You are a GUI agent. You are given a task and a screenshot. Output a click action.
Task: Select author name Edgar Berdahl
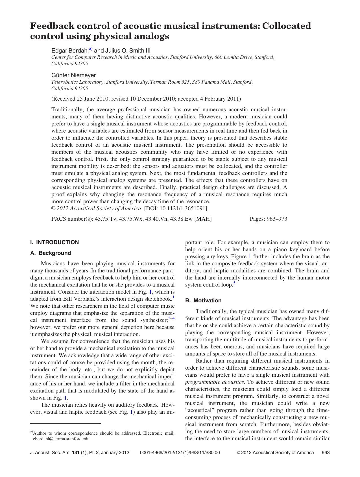tap(70, 51)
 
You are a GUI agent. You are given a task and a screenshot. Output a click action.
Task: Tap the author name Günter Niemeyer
tap(73, 75)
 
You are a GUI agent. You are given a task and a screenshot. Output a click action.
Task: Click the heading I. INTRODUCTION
tap(54, 242)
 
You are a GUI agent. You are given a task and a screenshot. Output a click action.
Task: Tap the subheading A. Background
tap(51, 253)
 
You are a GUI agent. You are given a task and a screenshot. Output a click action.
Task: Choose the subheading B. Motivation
tap(203, 300)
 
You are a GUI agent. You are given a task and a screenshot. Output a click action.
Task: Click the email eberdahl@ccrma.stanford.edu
tap(61, 439)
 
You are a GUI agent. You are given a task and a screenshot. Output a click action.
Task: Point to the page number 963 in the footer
tap(326, 452)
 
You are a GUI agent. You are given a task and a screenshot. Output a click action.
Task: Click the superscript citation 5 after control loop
tap(234, 283)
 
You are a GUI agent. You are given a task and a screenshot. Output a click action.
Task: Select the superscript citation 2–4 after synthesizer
tap(171, 318)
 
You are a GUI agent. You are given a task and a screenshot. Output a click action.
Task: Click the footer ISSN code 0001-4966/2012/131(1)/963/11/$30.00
tap(180, 452)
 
